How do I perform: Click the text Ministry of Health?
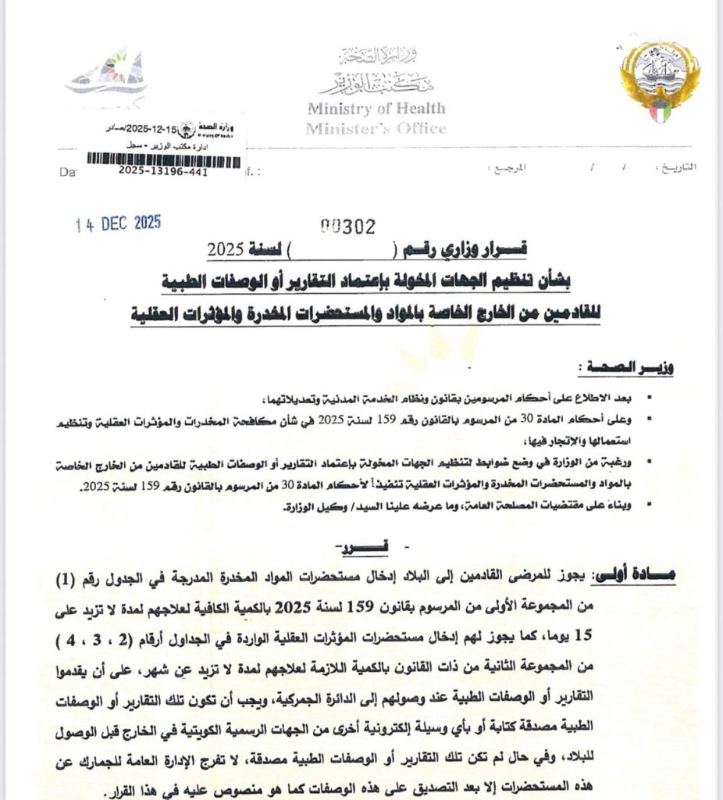pyautogui.click(x=376, y=109)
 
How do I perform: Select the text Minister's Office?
pyautogui.click(x=376, y=128)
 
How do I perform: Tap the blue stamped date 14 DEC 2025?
pyautogui.click(x=119, y=223)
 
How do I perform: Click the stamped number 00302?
pyautogui.click(x=348, y=227)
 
